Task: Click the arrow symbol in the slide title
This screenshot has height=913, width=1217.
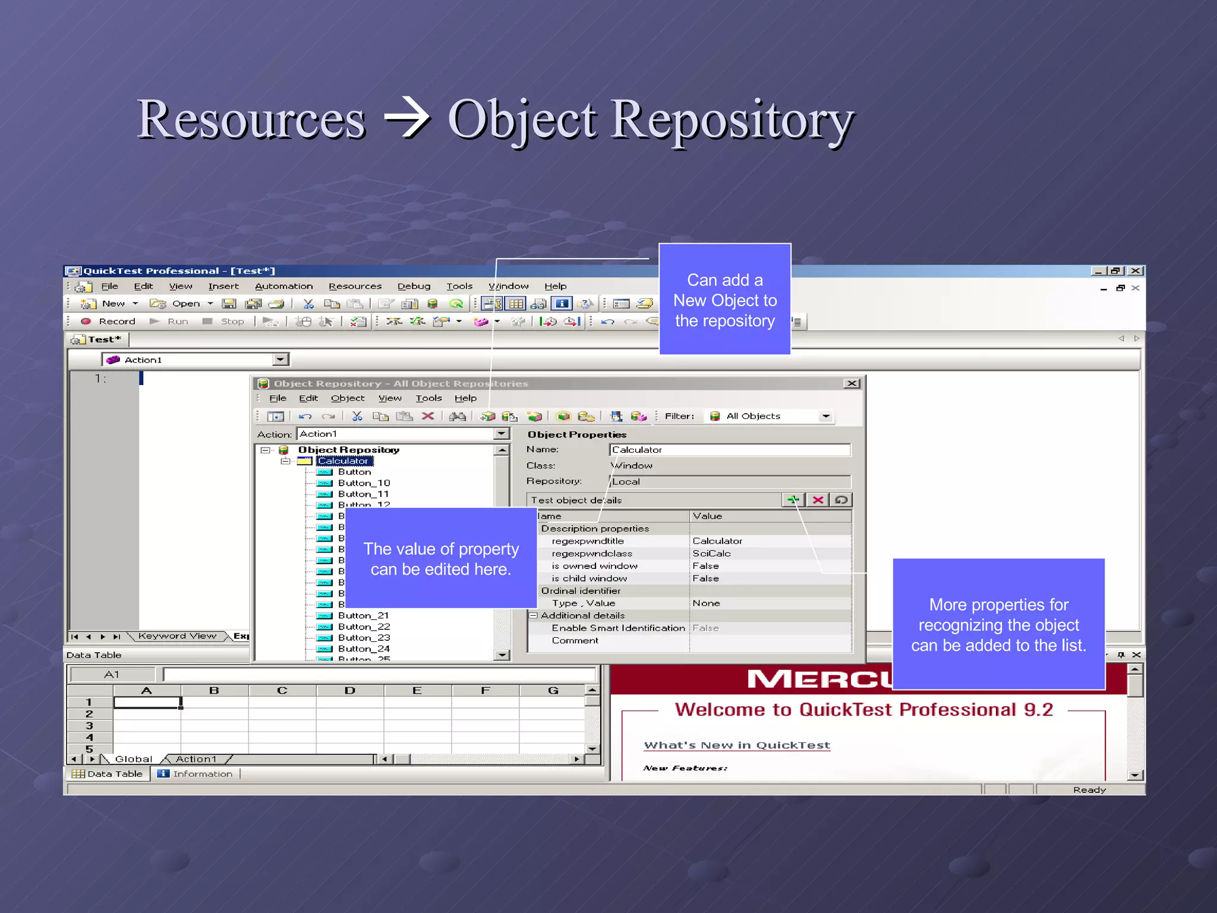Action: (x=408, y=118)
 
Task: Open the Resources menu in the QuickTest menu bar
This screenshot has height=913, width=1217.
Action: (x=355, y=286)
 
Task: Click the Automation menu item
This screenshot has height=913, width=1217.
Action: (x=283, y=286)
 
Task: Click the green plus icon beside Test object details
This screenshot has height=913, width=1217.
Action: (x=793, y=500)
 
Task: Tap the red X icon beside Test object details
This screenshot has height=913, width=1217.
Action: (x=818, y=500)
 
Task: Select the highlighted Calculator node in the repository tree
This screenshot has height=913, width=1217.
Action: (x=343, y=461)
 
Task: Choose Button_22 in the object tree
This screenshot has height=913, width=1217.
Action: (x=364, y=626)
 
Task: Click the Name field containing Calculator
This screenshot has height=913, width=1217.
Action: (x=729, y=450)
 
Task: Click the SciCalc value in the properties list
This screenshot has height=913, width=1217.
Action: (x=711, y=553)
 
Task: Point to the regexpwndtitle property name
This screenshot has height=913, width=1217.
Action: (x=588, y=541)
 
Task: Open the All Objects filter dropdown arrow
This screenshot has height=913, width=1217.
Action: (x=826, y=416)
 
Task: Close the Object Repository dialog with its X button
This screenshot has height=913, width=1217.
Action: (x=852, y=383)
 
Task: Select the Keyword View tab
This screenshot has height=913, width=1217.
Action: (x=177, y=636)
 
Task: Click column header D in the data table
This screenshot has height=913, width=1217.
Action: (x=349, y=690)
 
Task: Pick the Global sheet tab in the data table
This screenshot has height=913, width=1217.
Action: (x=133, y=759)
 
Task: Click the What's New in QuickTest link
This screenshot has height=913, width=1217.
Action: (x=737, y=745)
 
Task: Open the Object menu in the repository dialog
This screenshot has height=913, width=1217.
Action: (x=348, y=398)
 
